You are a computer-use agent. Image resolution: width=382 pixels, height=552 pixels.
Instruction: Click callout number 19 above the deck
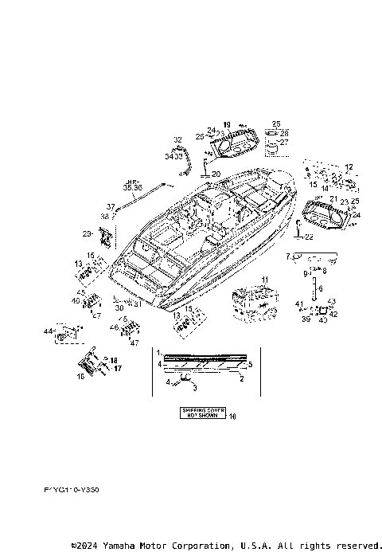[x=227, y=124]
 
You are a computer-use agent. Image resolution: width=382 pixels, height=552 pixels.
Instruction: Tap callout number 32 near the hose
[x=177, y=139]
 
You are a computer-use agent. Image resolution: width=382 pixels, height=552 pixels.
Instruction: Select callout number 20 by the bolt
[x=216, y=174]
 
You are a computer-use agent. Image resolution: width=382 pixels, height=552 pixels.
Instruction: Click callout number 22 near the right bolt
[x=310, y=237]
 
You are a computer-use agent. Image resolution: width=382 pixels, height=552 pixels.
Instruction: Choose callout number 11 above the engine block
[x=263, y=278]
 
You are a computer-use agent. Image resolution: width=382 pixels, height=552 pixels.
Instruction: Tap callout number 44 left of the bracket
[x=48, y=331]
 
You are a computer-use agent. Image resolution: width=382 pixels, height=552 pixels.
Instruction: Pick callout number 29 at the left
[x=86, y=233]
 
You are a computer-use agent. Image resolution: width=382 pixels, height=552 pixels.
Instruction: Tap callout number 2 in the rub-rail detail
[x=242, y=380]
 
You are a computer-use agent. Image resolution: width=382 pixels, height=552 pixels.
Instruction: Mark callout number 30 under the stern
[x=119, y=307]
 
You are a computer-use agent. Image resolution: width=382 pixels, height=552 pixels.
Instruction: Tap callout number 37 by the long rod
[x=111, y=207]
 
